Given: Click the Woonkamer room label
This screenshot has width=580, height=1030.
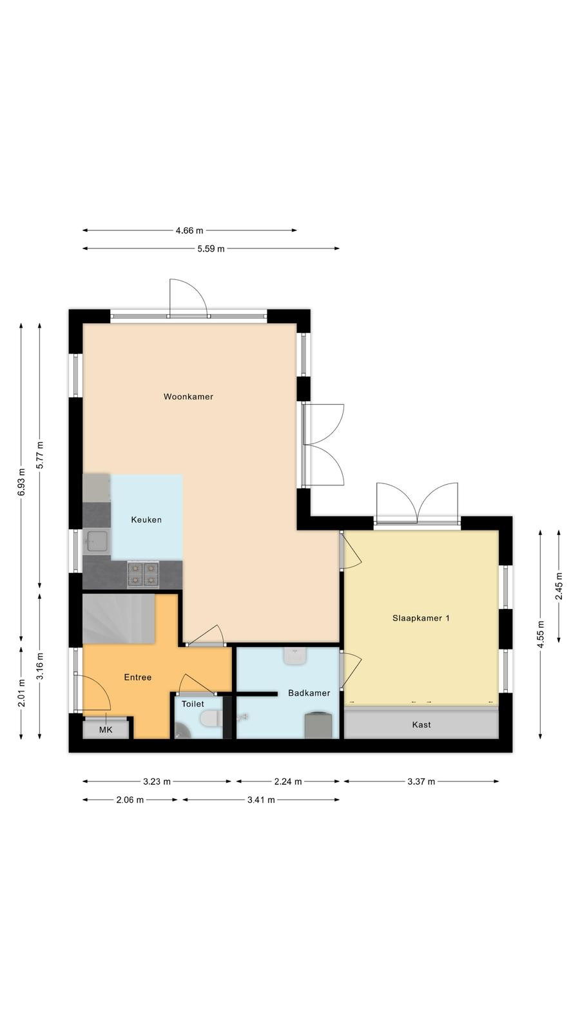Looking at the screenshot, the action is [x=188, y=397].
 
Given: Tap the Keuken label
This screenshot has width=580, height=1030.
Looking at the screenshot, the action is [x=146, y=520].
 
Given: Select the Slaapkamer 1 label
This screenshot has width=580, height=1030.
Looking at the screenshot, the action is [x=421, y=618].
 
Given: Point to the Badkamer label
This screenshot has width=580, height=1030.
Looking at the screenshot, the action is [x=309, y=693].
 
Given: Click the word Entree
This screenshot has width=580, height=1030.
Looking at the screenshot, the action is [x=138, y=677].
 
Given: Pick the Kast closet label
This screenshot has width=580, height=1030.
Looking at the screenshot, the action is [x=421, y=725].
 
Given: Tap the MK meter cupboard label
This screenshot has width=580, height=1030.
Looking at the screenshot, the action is [x=106, y=730].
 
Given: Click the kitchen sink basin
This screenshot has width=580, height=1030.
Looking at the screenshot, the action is [x=97, y=541].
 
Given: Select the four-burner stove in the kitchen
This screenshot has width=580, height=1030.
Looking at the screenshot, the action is [x=143, y=575].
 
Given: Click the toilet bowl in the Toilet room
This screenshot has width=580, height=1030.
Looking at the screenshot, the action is [x=212, y=718].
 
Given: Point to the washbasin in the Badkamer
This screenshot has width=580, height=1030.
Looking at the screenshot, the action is [x=295, y=656].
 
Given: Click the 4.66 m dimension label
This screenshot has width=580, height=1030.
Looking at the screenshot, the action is [x=189, y=230].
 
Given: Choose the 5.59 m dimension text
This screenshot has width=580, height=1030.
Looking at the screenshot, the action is [x=211, y=248].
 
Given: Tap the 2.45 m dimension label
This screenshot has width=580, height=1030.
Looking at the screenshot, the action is [x=559, y=586].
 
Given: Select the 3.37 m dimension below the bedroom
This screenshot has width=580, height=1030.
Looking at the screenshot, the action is [x=421, y=782].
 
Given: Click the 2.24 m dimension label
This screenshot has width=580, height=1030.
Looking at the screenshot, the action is [x=287, y=782].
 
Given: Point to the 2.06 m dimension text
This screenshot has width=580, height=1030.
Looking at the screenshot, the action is [x=130, y=800].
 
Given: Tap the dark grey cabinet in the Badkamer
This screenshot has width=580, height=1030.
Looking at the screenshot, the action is [x=318, y=725].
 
